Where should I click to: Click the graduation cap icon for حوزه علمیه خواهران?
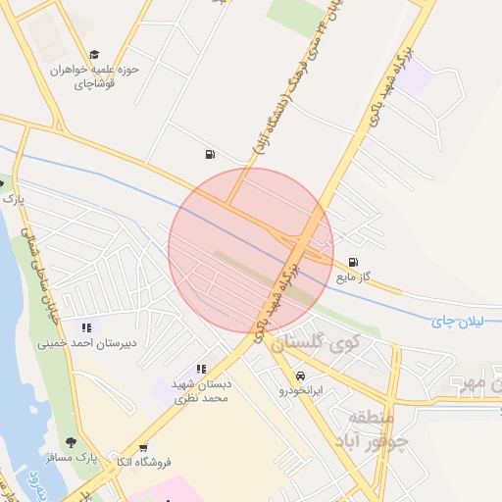[94, 55]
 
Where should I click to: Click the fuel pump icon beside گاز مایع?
[352, 262]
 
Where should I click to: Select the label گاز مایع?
[354, 277]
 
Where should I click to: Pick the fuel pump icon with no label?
[210, 154]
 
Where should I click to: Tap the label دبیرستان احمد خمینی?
[86, 343]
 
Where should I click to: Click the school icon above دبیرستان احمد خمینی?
[86, 327]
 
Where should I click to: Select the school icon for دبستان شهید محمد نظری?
[201, 369]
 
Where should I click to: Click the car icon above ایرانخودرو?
[299, 376]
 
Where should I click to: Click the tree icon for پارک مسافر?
[70, 442]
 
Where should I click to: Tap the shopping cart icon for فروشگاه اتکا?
[144, 447]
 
